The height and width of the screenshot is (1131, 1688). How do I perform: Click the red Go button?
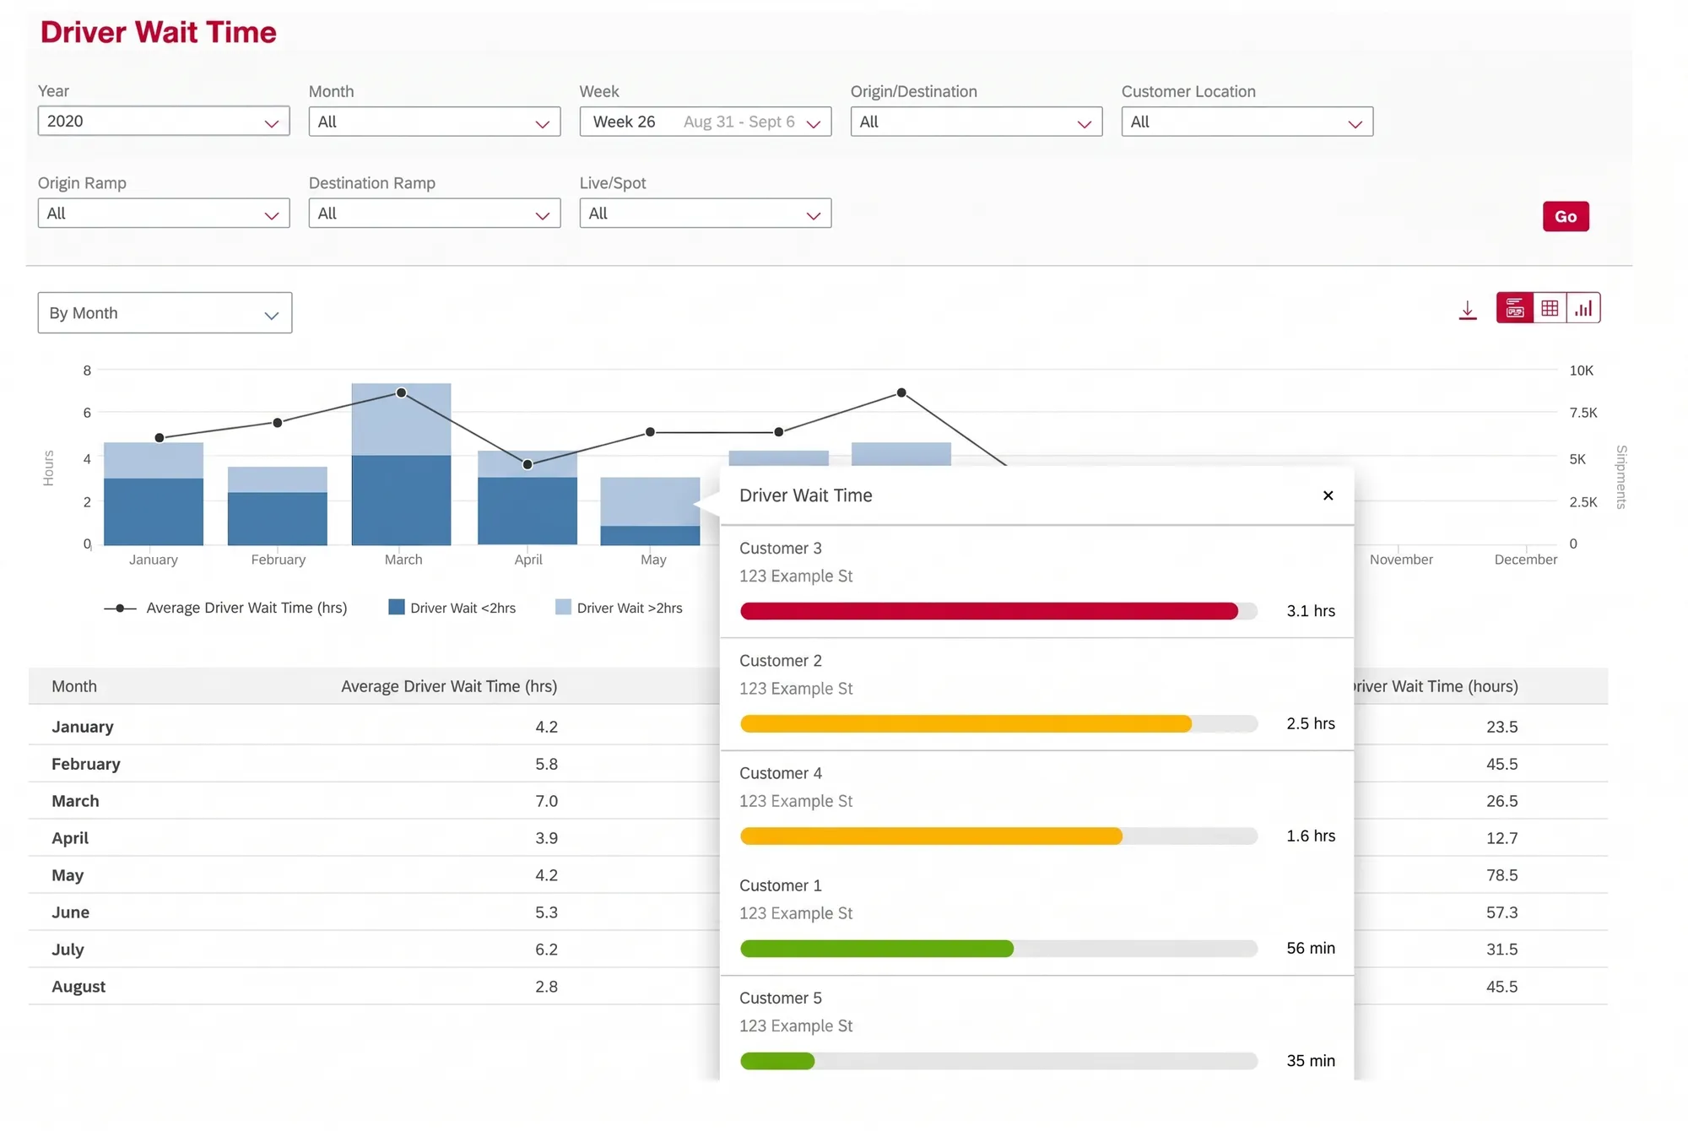[x=1566, y=216]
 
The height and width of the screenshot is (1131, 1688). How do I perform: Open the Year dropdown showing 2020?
[x=164, y=121]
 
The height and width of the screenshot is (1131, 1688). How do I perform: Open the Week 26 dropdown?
[x=706, y=122]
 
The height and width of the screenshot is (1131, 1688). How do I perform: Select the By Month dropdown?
[x=165, y=312]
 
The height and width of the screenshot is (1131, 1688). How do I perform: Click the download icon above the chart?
[x=1468, y=310]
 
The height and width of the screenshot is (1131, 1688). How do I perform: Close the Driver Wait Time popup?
[x=1328, y=495]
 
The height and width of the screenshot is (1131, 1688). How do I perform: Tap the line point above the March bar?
[x=402, y=392]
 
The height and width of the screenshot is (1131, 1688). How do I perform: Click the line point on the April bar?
[x=527, y=464]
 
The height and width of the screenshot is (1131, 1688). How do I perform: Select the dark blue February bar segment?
[x=278, y=518]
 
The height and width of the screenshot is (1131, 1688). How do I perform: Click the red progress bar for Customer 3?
[x=989, y=611]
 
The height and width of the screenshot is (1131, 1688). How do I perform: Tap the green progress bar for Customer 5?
[x=777, y=1061]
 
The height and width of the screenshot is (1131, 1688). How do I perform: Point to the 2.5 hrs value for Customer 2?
[x=1311, y=723]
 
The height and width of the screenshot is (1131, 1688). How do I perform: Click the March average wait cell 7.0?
[x=546, y=801]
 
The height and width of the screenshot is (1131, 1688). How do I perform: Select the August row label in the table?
[x=78, y=987]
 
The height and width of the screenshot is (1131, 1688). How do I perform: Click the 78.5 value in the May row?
[x=1501, y=875]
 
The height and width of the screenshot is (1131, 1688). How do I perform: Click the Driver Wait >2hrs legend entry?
[x=619, y=608]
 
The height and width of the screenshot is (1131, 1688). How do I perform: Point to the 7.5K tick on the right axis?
[x=1583, y=413]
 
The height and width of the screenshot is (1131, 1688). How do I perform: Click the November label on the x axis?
[x=1401, y=560]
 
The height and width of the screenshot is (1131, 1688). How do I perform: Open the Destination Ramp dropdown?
[x=435, y=213]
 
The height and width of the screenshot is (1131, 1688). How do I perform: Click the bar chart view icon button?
[x=1583, y=308]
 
